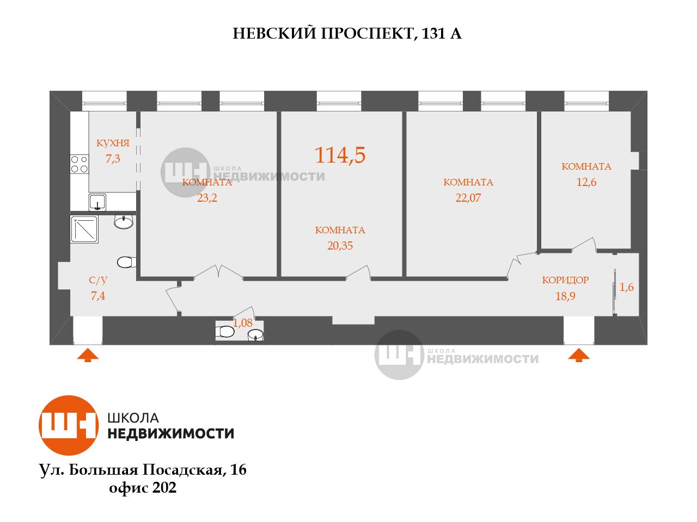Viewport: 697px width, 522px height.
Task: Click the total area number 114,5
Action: click(340, 156)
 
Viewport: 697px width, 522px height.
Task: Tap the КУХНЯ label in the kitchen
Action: click(113, 144)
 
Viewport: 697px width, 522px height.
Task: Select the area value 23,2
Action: click(207, 198)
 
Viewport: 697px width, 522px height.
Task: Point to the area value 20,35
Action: click(340, 246)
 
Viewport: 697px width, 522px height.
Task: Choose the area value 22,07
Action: click(468, 198)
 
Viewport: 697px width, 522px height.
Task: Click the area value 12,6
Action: click(586, 182)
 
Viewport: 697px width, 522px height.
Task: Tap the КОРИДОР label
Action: click(565, 281)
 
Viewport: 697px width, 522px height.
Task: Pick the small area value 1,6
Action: click(627, 288)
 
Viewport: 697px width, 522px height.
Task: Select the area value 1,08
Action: click(243, 323)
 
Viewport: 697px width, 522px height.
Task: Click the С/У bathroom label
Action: click(98, 281)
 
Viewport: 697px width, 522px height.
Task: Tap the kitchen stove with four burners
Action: click(80, 164)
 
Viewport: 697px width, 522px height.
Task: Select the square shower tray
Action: click(84, 229)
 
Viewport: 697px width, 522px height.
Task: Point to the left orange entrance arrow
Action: click(88, 356)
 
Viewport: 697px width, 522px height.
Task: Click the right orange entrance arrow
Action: click(579, 356)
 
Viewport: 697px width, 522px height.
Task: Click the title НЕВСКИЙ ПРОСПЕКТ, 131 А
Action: click(347, 34)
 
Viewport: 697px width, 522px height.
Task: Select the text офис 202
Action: click(143, 488)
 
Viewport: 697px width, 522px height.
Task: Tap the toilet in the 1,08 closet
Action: click(225, 332)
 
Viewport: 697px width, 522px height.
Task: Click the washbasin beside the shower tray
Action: click(124, 222)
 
